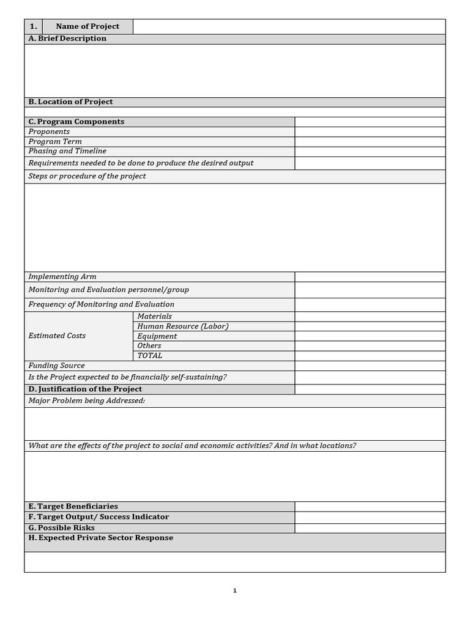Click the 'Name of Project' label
pos(88,26)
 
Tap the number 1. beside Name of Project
pos(33,26)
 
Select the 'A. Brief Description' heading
pos(67,39)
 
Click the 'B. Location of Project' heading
pos(70,102)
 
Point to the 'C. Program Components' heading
pos(76,122)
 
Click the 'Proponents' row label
pos(49,131)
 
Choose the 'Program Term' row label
pos(55,141)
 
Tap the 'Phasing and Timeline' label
pos(67,151)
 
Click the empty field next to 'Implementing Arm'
pos(370,277)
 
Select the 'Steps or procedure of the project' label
pos(87,176)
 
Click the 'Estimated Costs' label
pos(57,336)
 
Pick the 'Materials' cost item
pos(154,316)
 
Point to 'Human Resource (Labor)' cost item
pos(182,326)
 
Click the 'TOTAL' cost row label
pos(150,355)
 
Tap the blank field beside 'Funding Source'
pos(370,366)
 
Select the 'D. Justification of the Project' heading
pos(85,389)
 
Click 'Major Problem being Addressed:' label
pos(86,400)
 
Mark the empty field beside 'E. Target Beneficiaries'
pos(370,506)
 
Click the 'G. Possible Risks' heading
pos(62,528)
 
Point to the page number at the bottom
pos(235,591)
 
